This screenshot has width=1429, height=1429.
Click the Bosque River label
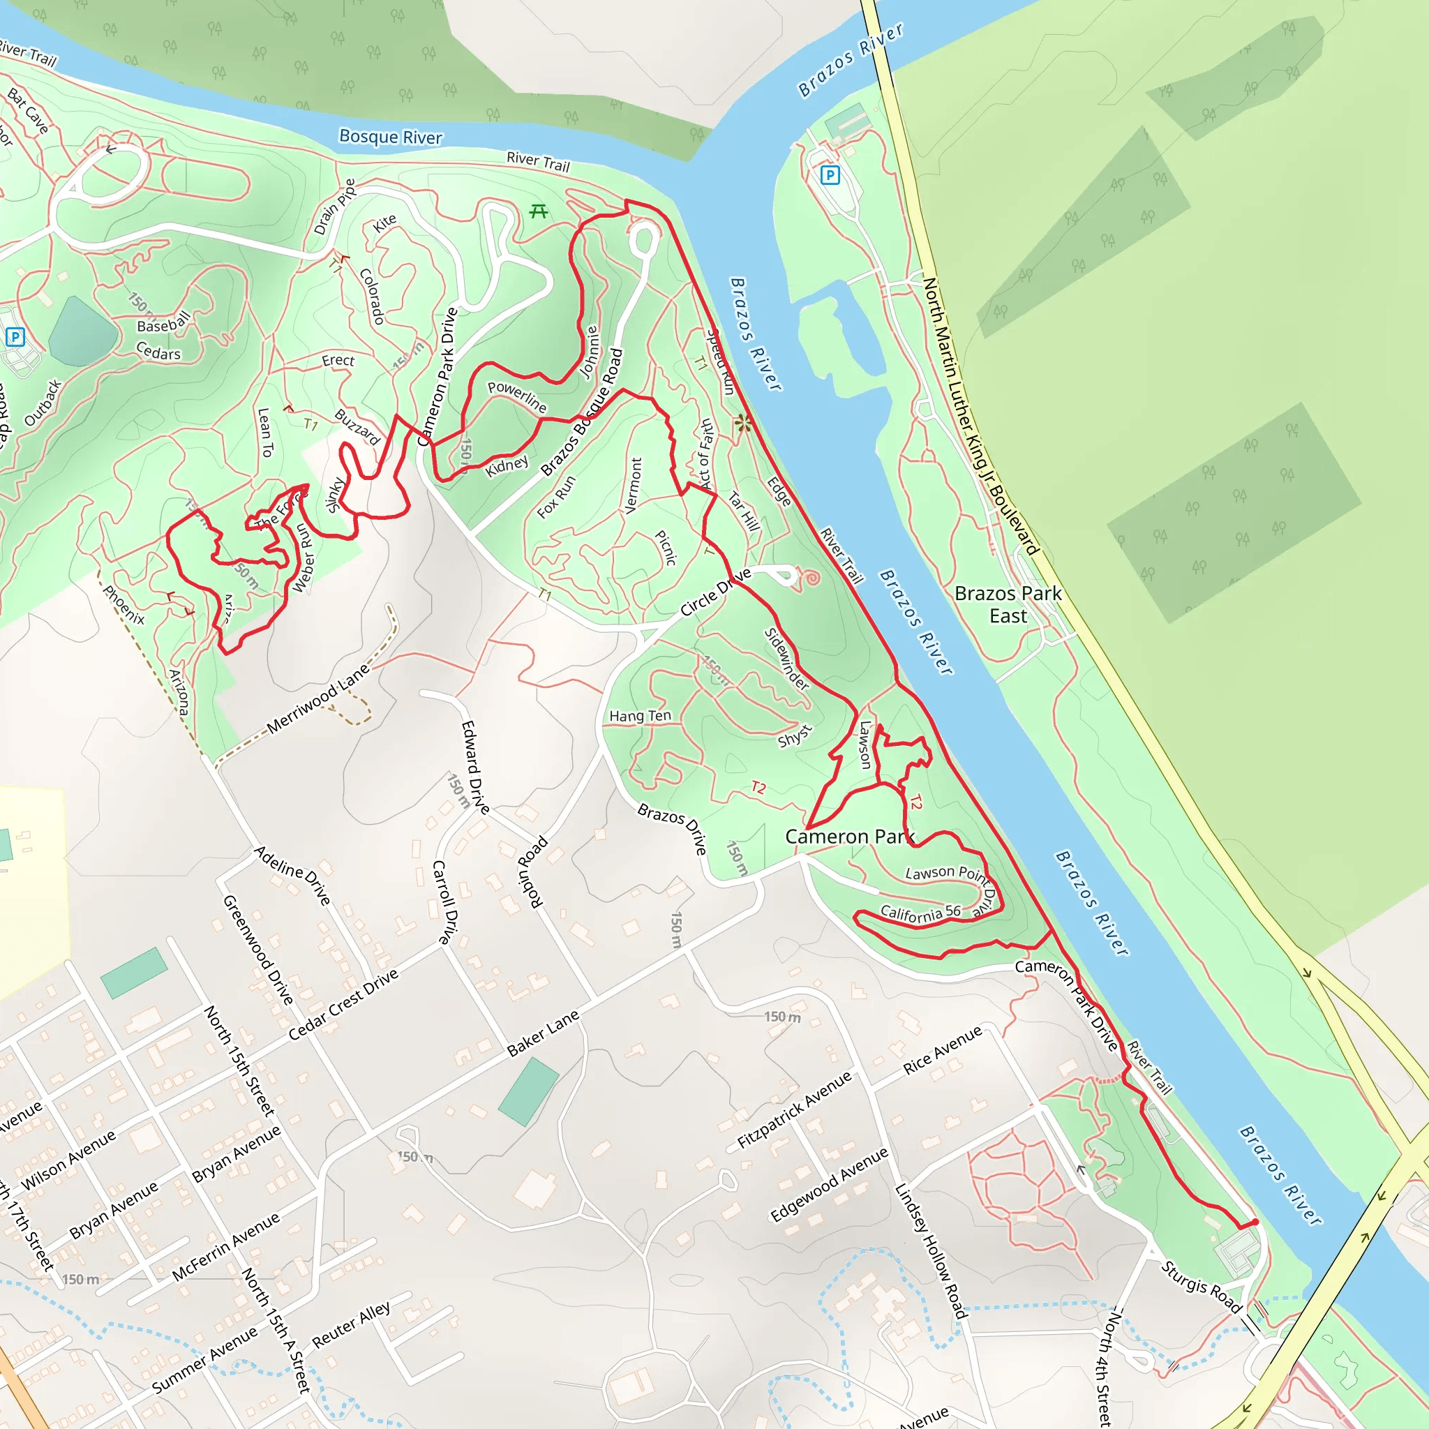coord(391,137)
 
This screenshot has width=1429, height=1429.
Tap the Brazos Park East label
coord(1008,604)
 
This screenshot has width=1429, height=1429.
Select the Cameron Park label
coord(849,837)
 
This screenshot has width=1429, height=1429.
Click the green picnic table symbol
coord(539,211)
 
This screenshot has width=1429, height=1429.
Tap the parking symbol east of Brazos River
coord(830,175)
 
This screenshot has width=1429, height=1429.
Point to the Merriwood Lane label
coord(318,699)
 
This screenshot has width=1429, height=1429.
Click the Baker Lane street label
coord(543,1033)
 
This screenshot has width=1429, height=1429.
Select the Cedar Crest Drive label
coord(343,1005)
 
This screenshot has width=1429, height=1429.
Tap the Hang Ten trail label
coord(640,716)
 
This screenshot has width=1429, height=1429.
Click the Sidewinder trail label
coord(787,658)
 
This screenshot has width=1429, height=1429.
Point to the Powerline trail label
coord(517,396)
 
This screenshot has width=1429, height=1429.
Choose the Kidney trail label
coord(507,467)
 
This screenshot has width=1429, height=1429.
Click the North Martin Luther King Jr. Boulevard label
coord(981,416)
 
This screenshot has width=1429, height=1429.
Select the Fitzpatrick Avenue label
coord(795,1109)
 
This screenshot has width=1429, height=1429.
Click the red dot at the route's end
coord(1255,1222)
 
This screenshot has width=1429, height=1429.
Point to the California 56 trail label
coord(920,913)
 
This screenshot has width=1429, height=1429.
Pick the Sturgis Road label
coord(1200,1287)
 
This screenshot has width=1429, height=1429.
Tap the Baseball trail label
coord(163,322)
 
